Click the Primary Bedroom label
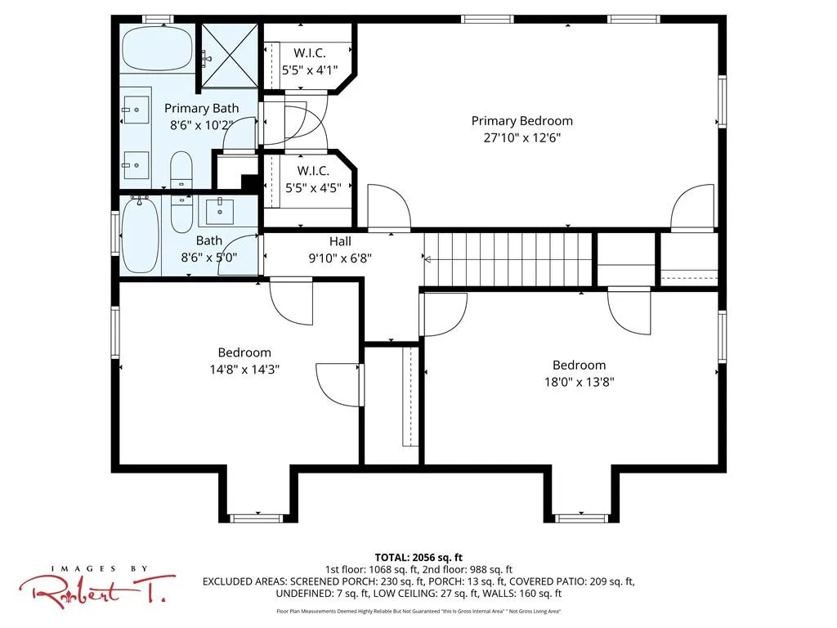click(522, 121)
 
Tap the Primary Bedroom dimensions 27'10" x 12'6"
click(522, 137)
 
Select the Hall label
click(340, 241)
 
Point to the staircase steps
click(508, 259)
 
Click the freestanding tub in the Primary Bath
click(157, 47)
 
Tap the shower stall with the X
click(230, 55)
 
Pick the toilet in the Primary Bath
click(181, 170)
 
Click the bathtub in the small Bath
click(141, 235)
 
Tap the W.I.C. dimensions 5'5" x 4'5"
click(313, 188)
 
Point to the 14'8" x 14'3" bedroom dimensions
click(244, 370)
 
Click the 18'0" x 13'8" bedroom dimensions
click(580, 383)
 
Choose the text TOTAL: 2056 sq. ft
click(418, 558)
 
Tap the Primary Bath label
click(201, 109)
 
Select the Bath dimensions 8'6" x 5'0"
click(208, 258)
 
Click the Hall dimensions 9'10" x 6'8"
click(340, 258)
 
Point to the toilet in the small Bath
click(181, 213)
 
